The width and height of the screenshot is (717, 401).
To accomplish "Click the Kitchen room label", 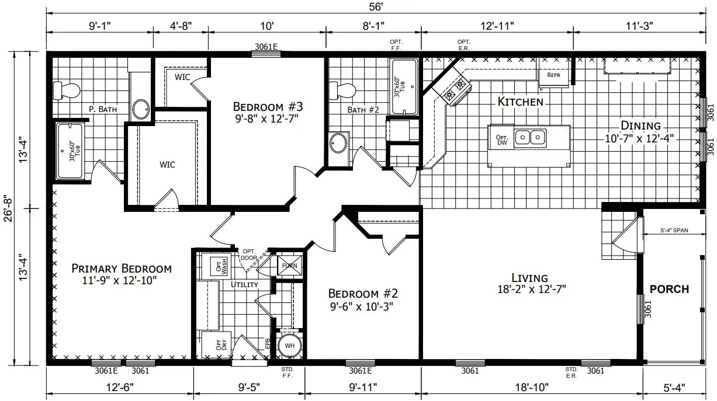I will tap(520, 102).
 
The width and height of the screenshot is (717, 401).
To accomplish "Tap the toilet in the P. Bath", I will tap(67, 90).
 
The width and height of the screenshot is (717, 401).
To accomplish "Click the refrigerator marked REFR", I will tap(553, 75).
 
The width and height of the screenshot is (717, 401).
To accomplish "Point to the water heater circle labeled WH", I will tap(289, 345).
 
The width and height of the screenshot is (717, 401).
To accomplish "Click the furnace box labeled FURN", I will tap(290, 266).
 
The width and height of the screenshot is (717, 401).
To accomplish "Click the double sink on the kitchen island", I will tap(530, 137).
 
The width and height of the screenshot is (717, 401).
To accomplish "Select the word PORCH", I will tap(669, 289).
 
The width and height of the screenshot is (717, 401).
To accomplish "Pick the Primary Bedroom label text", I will tap(122, 269).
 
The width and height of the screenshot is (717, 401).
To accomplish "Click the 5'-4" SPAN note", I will tap(674, 231).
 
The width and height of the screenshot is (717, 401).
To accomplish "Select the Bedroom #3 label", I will tap(268, 107).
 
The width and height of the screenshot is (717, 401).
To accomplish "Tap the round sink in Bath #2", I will tap(338, 143).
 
